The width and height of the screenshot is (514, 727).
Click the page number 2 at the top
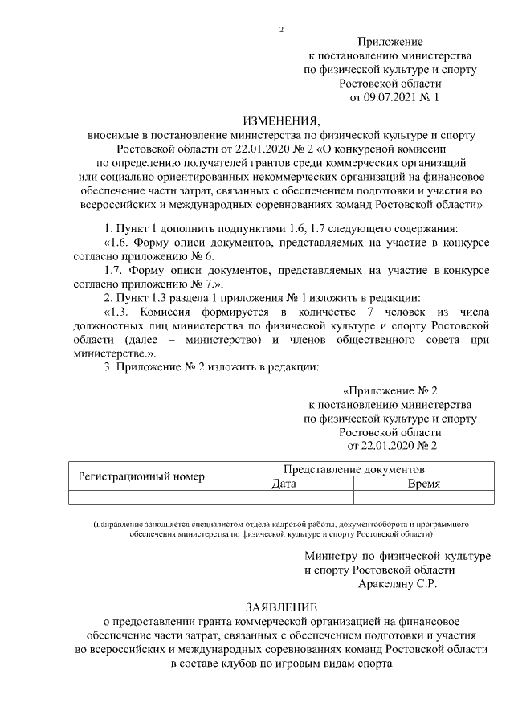pos(281,30)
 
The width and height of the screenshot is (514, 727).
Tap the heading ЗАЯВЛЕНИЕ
pos(281,606)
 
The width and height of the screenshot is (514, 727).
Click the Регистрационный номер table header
pos(141,476)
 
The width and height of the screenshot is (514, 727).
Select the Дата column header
pos(284,484)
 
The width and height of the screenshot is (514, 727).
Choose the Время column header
pos(423,484)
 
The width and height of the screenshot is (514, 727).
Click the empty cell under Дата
pos(284,496)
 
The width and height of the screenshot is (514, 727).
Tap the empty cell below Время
pos(423,496)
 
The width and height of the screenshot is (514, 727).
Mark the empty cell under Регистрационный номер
pos(141,496)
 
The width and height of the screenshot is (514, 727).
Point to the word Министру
pos(331,555)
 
